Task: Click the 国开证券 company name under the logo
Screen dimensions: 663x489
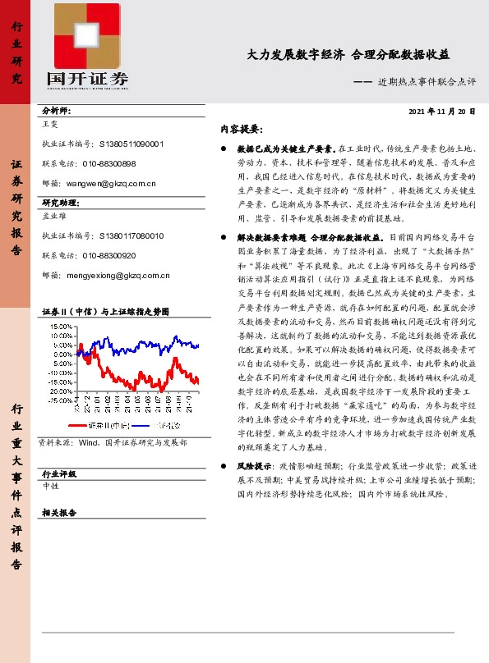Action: (x=87, y=80)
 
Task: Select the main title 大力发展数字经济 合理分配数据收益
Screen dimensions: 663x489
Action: (x=348, y=56)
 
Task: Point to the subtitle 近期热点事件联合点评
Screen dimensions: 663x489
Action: (x=427, y=82)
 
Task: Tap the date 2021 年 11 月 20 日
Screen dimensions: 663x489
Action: (x=441, y=111)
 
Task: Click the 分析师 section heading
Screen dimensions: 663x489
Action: (x=56, y=110)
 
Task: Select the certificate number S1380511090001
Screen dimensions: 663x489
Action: (x=131, y=143)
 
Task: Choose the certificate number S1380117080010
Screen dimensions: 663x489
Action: (x=131, y=235)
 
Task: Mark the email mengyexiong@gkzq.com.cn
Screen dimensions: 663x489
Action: (x=118, y=276)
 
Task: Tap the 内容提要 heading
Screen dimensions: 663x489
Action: (x=240, y=129)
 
